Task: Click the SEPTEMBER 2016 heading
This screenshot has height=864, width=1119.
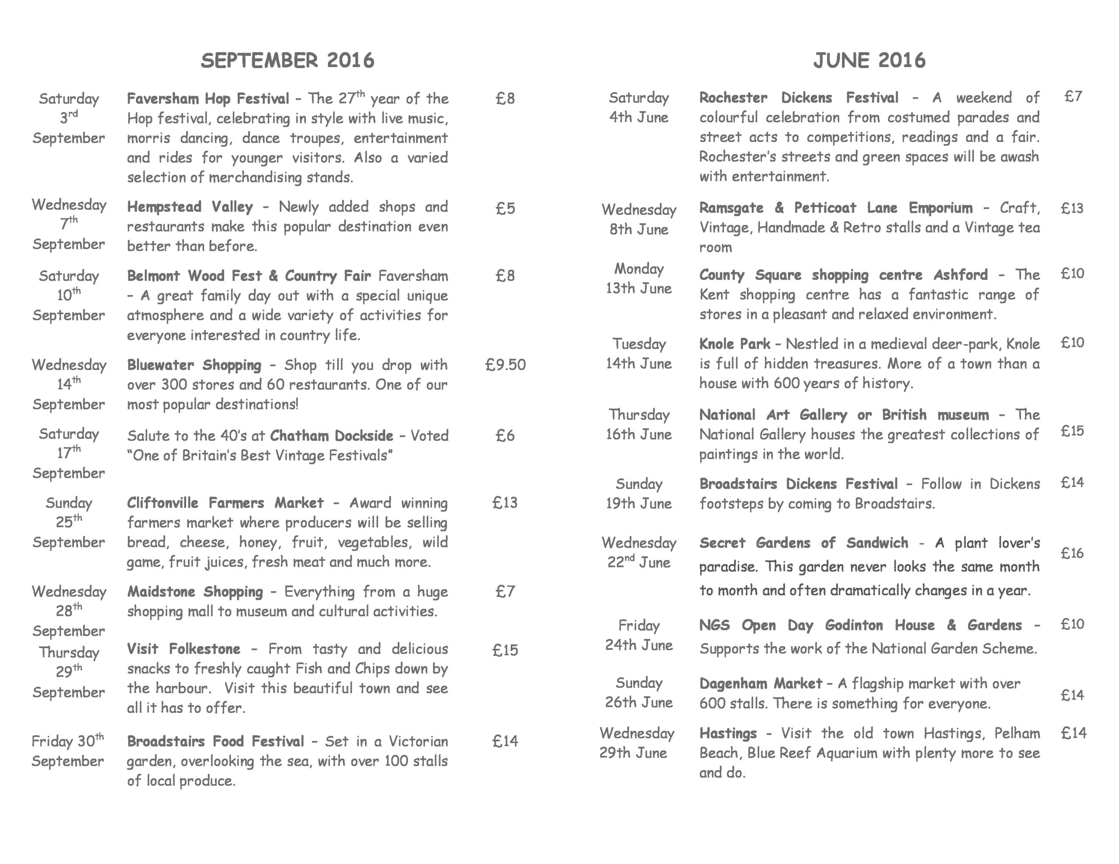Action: [288, 60]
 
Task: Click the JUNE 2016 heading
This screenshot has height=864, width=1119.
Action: [869, 60]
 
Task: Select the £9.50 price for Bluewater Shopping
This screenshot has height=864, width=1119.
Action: [505, 365]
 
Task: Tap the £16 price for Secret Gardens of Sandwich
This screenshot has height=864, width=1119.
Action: [1072, 553]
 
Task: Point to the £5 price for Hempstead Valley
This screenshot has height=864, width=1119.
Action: [505, 208]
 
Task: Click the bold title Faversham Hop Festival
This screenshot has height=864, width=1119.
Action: [208, 98]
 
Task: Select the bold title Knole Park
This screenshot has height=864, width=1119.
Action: [734, 344]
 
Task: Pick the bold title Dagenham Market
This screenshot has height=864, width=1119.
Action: [760, 683]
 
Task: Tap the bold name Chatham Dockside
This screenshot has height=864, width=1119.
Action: [331, 436]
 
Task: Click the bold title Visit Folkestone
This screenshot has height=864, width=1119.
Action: [184, 649]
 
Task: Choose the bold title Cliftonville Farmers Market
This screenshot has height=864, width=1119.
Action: [225, 503]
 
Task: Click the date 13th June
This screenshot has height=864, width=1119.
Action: [639, 288]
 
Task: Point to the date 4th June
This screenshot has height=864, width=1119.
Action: [639, 118]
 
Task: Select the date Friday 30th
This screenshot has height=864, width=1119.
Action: [68, 741]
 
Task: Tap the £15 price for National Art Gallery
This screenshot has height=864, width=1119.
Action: [1072, 431]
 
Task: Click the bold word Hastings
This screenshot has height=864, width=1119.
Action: [727, 733]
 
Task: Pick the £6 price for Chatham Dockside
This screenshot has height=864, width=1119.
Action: [505, 436]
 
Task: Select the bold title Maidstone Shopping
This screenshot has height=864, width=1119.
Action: [195, 591]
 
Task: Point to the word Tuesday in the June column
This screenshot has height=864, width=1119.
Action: [639, 344]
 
